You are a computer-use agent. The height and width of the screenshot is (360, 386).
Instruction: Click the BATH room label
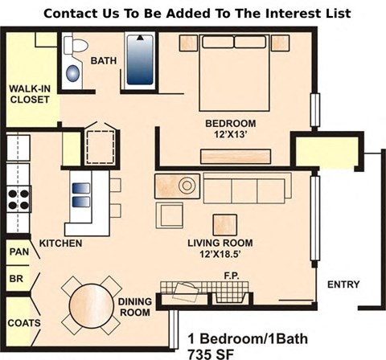click(105, 61)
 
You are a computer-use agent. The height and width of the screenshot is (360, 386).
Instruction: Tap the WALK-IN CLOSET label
click(29, 94)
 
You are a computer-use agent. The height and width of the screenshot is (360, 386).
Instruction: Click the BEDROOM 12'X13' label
click(230, 129)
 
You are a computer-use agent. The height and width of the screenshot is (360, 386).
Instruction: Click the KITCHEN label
click(61, 243)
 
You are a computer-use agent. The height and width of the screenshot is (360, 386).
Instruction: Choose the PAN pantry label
click(18, 252)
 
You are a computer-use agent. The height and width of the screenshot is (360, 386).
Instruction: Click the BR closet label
click(16, 279)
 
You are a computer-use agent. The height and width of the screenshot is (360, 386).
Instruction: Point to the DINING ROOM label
click(135, 307)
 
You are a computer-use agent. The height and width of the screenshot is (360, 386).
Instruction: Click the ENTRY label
click(342, 284)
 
